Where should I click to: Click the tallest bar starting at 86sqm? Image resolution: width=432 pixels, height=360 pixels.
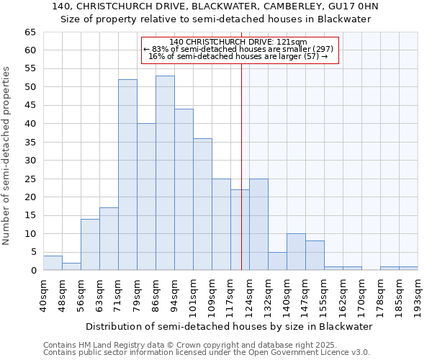click(x=165, y=173)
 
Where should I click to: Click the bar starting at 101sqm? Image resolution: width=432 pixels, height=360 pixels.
click(x=202, y=204)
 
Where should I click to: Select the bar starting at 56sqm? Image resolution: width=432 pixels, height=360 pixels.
click(x=90, y=245)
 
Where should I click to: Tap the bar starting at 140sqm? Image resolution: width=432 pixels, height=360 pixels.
click(x=296, y=252)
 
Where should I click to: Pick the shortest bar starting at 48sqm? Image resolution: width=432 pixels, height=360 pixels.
click(x=71, y=266)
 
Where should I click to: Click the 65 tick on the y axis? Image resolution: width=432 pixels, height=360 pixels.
click(x=30, y=32)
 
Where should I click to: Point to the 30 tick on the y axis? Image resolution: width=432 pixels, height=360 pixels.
click(x=30, y=161)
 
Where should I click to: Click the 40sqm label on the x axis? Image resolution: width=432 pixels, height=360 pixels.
click(x=43, y=297)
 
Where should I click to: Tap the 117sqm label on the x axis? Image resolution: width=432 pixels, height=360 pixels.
click(x=230, y=297)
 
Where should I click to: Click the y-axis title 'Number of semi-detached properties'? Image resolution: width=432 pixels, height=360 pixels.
click(x=7, y=156)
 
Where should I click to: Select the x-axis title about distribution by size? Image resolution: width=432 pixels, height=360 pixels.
click(x=229, y=326)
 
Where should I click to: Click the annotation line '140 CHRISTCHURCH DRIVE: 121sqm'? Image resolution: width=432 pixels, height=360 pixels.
click(x=238, y=42)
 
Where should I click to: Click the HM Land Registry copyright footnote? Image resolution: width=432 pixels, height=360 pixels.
click(x=185, y=345)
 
